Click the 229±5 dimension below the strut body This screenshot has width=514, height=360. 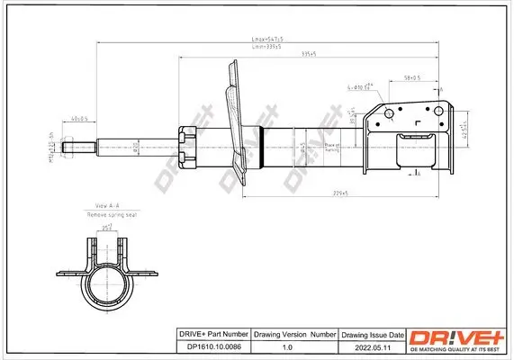[340, 191]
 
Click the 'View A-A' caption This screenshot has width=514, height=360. [106, 206]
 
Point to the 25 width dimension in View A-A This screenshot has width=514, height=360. [106, 229]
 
